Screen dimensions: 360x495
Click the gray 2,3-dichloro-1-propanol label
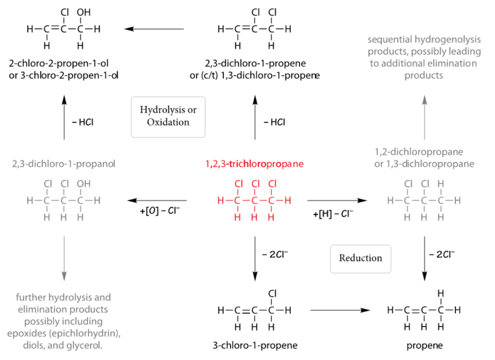(x=63, y=165)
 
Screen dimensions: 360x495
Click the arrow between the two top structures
(x=154, y=28)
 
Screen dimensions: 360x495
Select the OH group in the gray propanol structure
(x=83, y=184)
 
